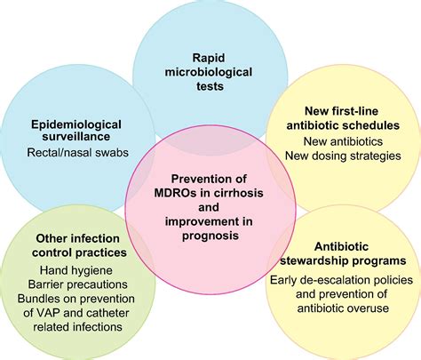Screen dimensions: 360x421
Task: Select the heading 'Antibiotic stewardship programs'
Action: pyautogui.click(x=342, y=253)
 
